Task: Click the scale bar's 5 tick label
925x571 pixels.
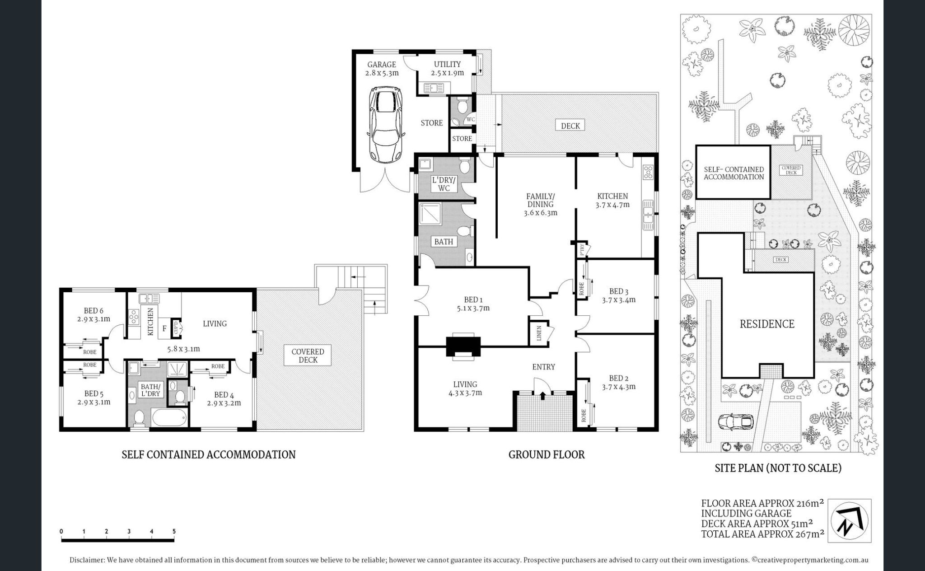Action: pos(174,532)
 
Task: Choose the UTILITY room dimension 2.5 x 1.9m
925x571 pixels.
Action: pos(447,73)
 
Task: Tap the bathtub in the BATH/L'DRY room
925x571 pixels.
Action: pos(169,417)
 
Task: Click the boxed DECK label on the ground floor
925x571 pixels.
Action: pos(570,126)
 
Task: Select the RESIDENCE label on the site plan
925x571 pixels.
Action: pos(766,324)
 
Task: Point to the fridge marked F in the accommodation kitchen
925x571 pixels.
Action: pos(164,329)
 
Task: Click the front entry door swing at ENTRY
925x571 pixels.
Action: pos(542,386)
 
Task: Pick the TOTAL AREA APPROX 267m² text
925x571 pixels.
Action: pos(762,534)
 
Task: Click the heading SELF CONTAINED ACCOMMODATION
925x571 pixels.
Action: pos(208,454)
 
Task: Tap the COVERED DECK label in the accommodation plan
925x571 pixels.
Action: pos(308,356)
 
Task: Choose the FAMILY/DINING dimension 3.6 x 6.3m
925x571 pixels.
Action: pos(540,213)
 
